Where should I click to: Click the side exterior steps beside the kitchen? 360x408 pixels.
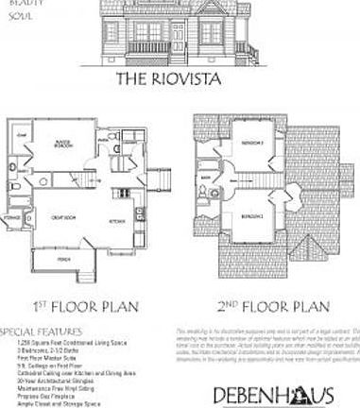[x=162, y=178]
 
